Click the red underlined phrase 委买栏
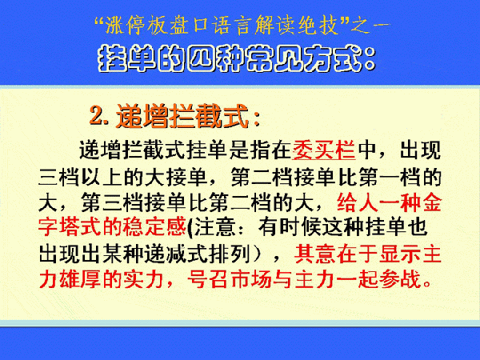pyautogui.click(x=323, y=150)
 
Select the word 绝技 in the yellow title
pyautogui.click(x=316, y=25)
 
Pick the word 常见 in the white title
pyautogui.click(x=270, y=58)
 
